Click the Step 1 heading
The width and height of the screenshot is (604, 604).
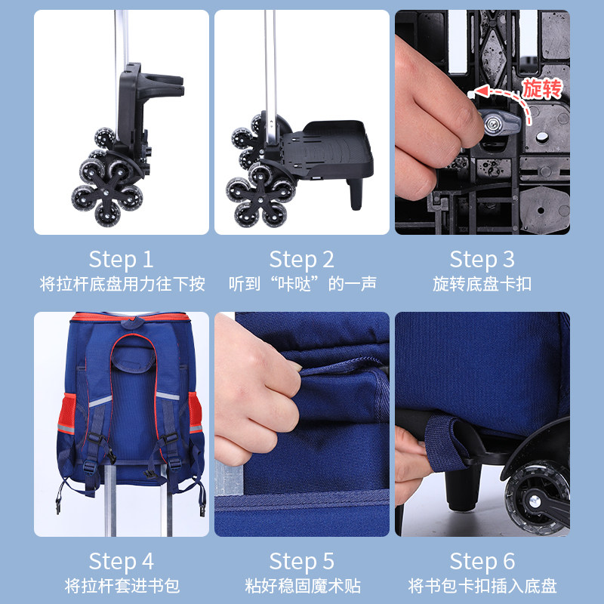(x=122, y=260)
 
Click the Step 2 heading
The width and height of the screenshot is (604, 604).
(x=301, y=260)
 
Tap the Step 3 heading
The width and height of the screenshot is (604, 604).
(x=482, y=260)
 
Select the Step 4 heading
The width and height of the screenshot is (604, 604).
(x=122, y=562)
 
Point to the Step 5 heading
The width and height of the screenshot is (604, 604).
(x=301, y=562)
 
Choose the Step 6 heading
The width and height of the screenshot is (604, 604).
(x=482, y=562)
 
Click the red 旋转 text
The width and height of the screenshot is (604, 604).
(x=542, y=89)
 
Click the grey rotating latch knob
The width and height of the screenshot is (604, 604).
(x=499, y=122)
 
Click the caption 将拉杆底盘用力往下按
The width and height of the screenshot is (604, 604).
(x=122, y=285)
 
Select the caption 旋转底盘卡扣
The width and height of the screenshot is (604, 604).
(x=482, y=285)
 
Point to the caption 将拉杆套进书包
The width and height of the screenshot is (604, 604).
(x=122, y=587)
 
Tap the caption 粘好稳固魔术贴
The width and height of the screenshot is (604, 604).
(x=303, y=587)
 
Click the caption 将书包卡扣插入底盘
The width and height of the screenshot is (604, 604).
(x=482, y=587)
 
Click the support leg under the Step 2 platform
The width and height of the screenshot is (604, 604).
(x=356, y=194)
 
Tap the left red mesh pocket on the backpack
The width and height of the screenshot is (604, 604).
(x=67, y=413)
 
